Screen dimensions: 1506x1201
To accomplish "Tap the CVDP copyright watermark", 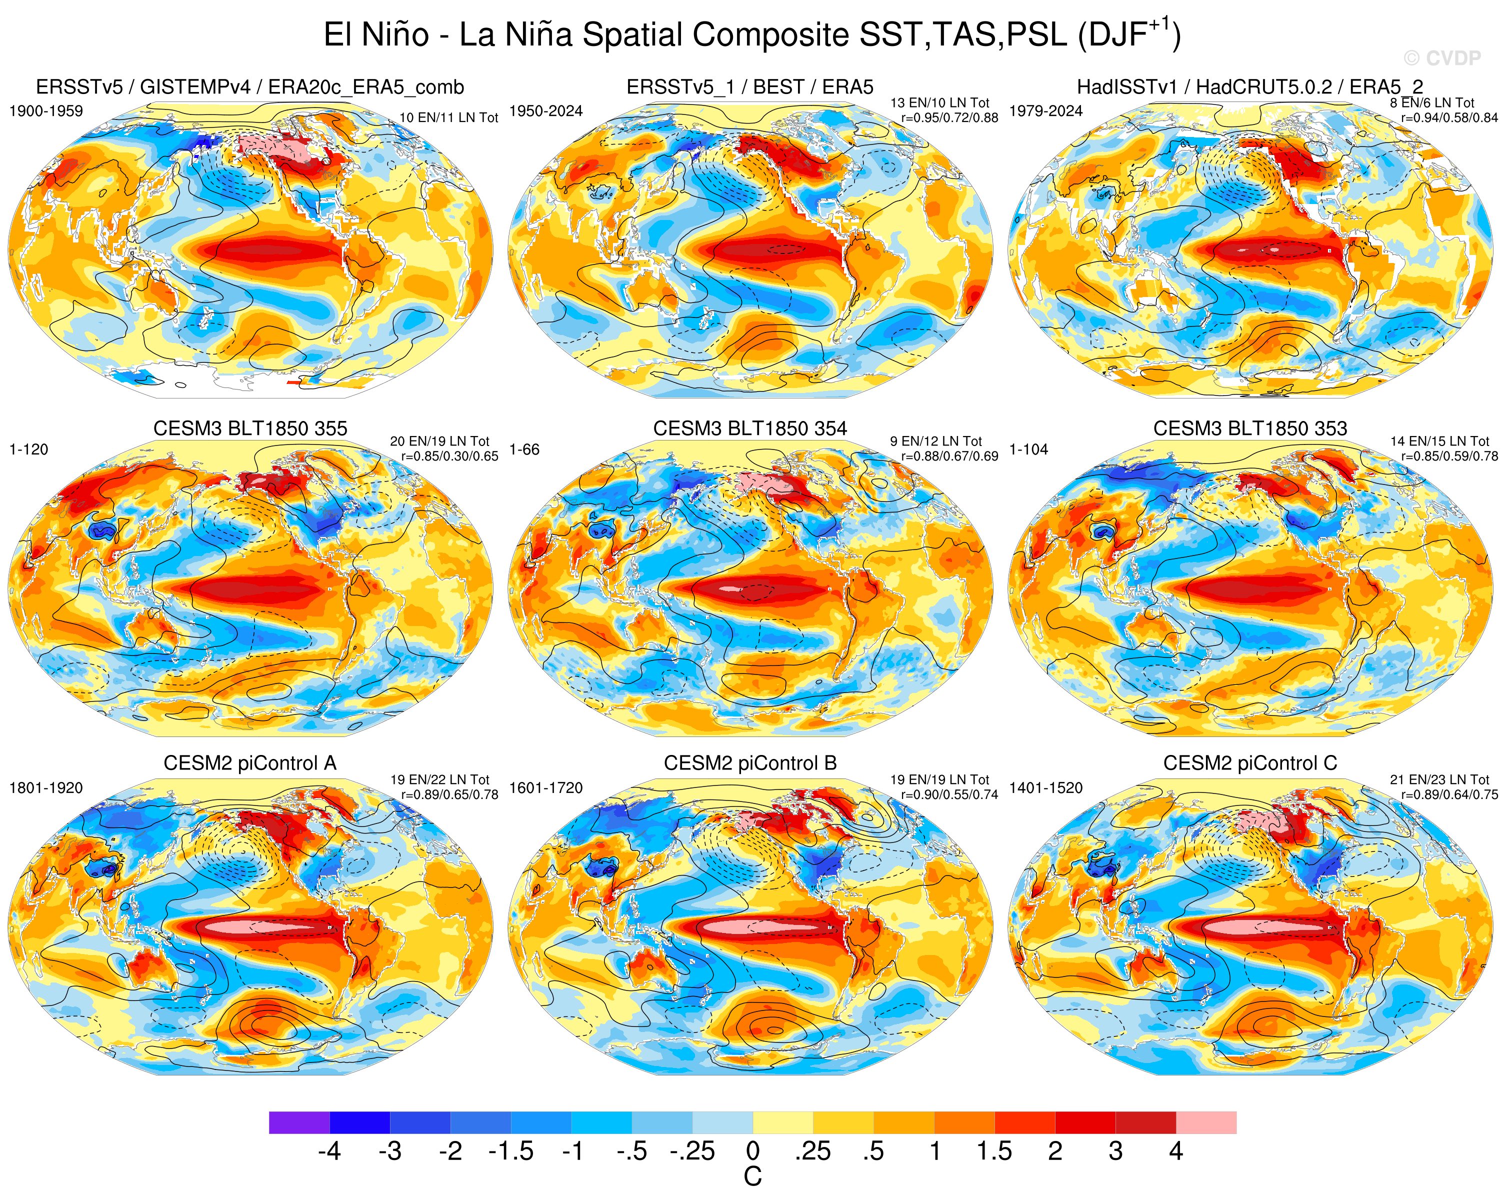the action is [1441, 58].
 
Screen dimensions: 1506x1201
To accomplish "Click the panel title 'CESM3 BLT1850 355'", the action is [250, 428].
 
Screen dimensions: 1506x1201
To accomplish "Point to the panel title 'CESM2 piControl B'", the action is [750, 763].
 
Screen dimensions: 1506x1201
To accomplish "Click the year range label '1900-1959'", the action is [46, 111].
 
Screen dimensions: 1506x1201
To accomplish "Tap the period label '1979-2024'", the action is [1045, 111].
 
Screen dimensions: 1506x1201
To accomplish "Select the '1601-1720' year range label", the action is [545, 788].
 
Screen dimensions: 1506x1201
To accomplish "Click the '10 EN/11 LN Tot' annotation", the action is [448, 117].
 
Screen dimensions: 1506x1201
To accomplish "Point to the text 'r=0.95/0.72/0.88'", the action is [949, 117].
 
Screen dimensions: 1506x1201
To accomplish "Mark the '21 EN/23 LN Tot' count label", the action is [1439, 779].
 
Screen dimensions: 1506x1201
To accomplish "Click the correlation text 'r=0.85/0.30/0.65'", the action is [449, 456].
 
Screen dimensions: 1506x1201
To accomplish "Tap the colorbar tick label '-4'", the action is [329, 1150].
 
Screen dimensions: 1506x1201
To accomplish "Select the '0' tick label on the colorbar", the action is [752, 1150].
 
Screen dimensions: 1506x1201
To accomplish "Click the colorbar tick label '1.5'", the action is [994, 1150].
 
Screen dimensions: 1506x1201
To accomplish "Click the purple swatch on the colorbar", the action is [299, 1122].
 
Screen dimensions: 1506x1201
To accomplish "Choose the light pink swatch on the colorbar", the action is [1206, 1122].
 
